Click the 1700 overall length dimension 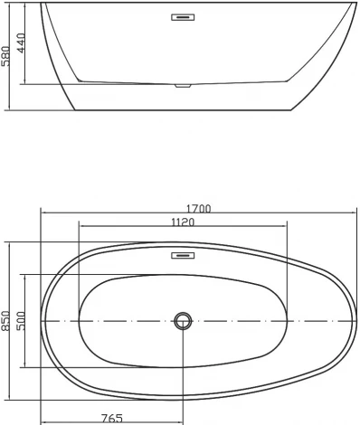198,208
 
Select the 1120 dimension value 184,222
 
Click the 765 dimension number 111,418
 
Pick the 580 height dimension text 7,56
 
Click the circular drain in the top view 184,321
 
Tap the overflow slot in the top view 184,254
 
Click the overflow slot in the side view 184,14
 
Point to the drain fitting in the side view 184,86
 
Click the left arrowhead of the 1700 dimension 43,214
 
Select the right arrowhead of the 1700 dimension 352,214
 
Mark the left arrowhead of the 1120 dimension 81,227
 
